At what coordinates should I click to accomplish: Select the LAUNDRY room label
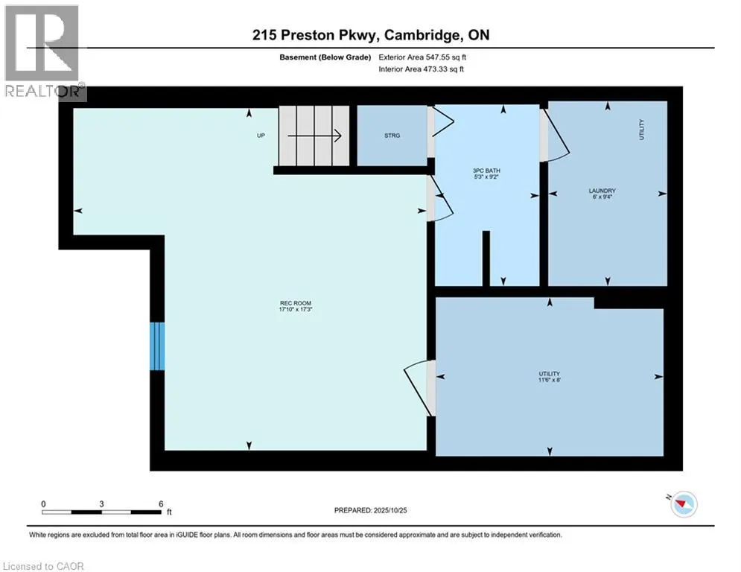tap(602, 191)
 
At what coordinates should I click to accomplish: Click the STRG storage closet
tap(392, 136)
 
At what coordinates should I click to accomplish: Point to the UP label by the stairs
tap(261, 136)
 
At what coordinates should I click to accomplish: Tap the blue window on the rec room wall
tap(157, 346)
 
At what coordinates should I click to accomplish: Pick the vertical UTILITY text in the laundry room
tap(641, 130)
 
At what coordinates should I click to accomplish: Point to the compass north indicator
tap(680, 504)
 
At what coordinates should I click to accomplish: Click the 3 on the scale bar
tap(101, 503)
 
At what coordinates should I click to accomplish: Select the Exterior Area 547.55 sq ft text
tap(422, 57)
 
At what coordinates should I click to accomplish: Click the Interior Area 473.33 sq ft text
tap(421, 69)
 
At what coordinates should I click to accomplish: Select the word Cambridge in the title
tap(410, 35)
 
